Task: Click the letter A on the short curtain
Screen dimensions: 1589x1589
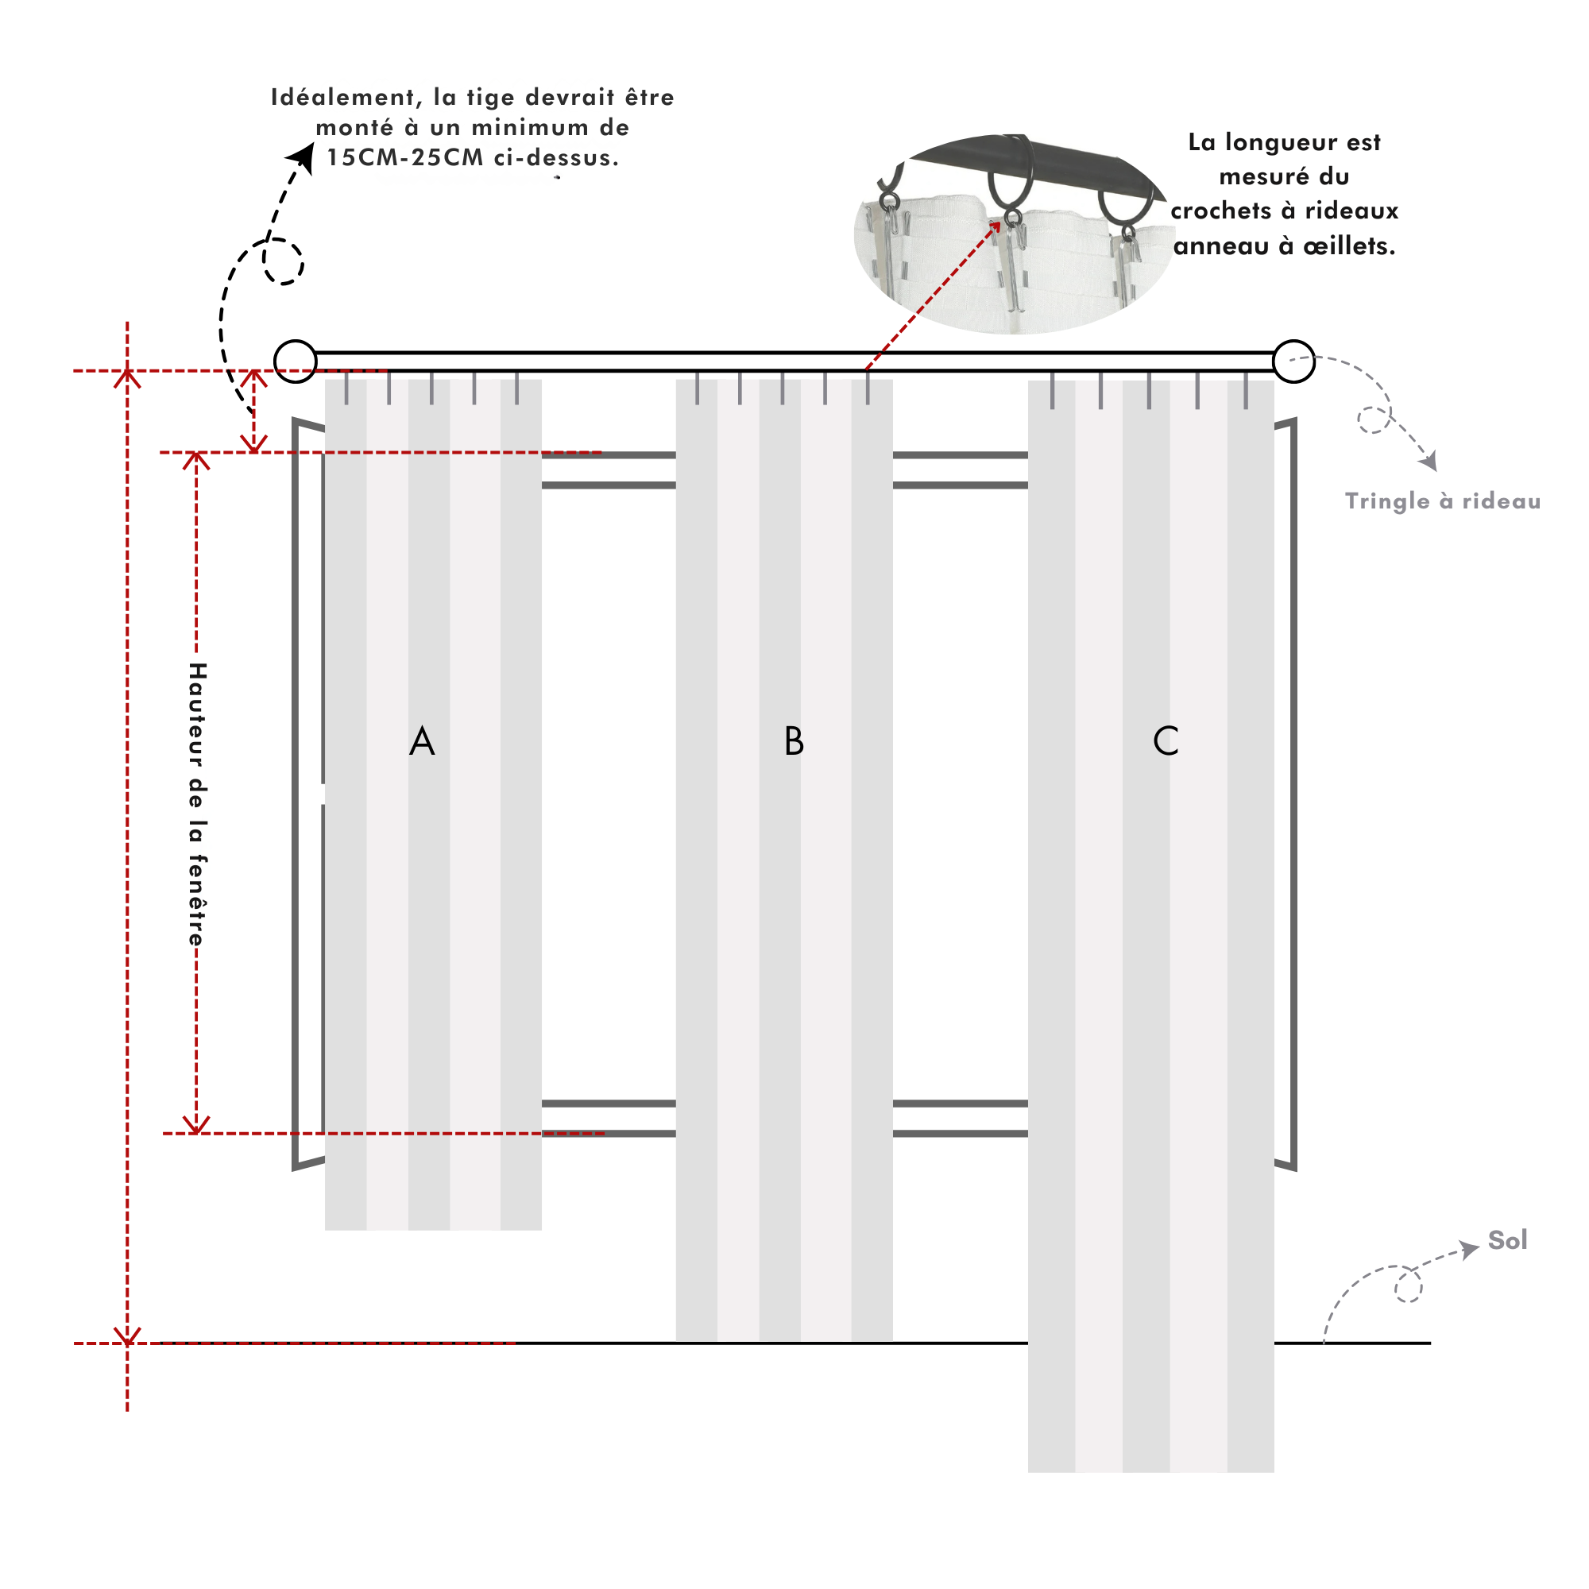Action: click(x=422, y=741)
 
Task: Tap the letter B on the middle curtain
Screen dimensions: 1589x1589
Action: click(x=794, y=741)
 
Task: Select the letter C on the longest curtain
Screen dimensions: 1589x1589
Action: click(x=1166, y=741)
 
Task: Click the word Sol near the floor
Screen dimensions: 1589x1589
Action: click(x=1506, y=1240)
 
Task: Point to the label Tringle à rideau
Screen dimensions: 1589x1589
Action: click(x=1443, y=501)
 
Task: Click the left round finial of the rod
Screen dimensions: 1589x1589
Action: click(x=296, y=361)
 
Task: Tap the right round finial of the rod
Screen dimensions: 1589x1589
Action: click(x=1293, y=361)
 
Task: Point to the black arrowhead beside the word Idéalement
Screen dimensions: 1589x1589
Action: click(x=303, y=157)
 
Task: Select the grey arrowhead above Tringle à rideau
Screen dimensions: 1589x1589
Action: click(x=1429, y=462)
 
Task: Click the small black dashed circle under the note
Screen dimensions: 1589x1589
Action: click(x=284, y=261)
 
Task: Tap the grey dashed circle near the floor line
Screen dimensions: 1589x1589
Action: click(x=1408, y=1286)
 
